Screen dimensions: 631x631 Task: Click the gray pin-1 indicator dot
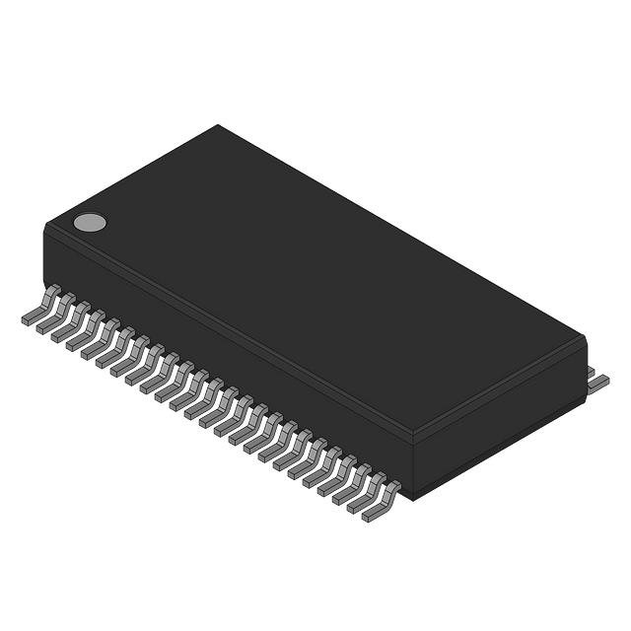pyautogui.click(x=90, y=222)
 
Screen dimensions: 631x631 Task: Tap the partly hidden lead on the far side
pyautogui.click(x=592, y=370)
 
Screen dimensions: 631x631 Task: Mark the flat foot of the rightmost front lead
pyautogui.click(x=372, y=513)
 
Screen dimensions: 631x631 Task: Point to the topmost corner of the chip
pyautogui.click(x=218, y=125)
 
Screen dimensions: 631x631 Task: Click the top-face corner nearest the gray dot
pyautogui.click(x=46, y=226)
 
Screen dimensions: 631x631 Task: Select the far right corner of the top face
pyautogui.click(x=586, y=337)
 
